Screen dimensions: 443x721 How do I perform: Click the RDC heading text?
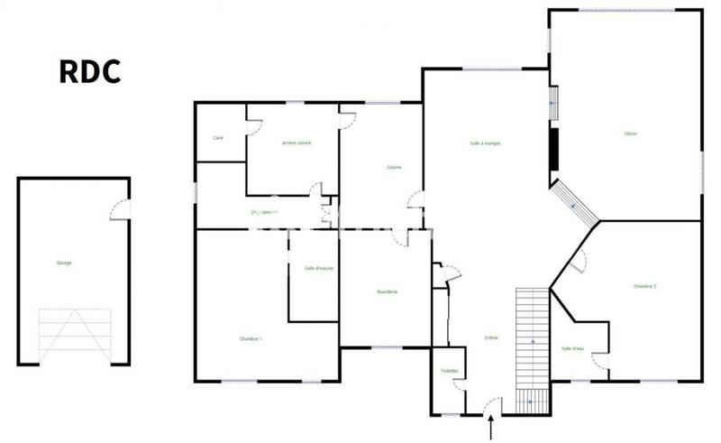coord(90,71)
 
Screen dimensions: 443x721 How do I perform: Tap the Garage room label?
coord(64,263)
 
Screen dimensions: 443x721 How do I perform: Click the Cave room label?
coord(218,137)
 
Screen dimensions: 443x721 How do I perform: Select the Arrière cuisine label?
coord(297,143)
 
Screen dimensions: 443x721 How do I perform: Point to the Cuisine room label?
coord(394,167)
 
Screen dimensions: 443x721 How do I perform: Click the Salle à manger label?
coord(485,143)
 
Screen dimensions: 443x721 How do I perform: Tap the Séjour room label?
coord(630,134)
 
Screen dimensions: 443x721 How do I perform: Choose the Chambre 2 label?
coord(644,286)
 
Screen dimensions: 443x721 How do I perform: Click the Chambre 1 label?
coord(251,338)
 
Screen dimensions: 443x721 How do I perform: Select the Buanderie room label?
coord(388,291)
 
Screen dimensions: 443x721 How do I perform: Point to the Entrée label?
coord(492,337)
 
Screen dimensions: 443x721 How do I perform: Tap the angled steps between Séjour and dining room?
coord(575,204)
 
